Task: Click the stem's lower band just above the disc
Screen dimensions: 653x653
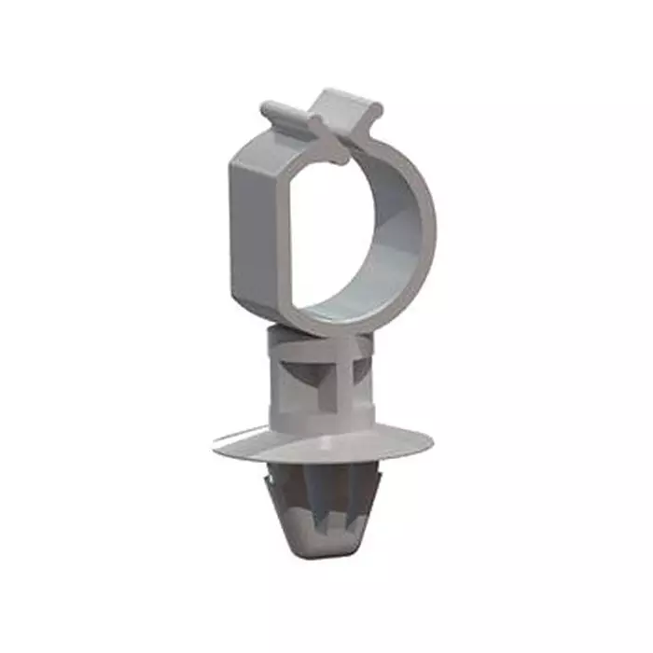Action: click(322, 415)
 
